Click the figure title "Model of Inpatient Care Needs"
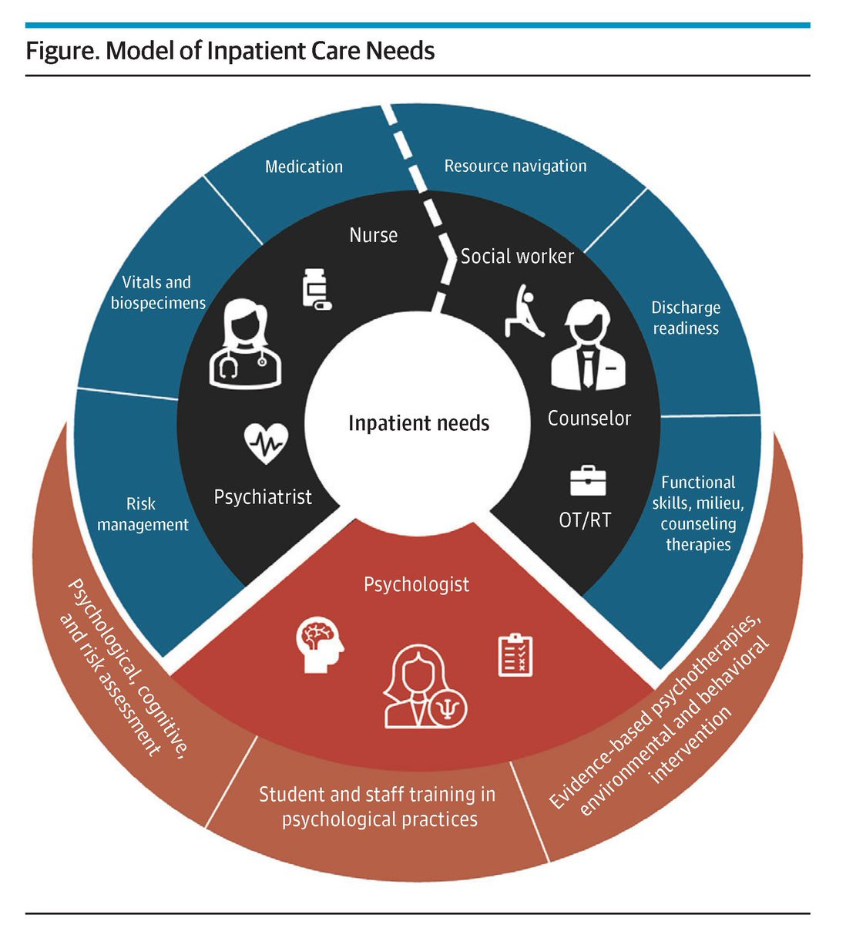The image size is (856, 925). pyautogui.click(x=230, y=51)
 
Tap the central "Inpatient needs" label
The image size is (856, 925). pyautogui.click(x=418, y=423)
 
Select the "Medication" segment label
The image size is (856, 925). pyautogui.click(x=304, y=166)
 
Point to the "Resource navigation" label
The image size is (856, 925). pyautogui.click(x=515, y=166)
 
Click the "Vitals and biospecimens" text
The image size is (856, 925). pyautogui.click(x=158, y=293)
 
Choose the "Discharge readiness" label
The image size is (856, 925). pyautogui.click(x=685, y=318)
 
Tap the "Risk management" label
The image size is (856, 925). pyautogui.click(x=143, y=514)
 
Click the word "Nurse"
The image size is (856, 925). pyautogui.click(x=373, y=235)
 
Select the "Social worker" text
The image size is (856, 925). pyautogui.click(x=517, y=257)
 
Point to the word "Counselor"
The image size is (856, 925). pyautogui.click(x=589, y=419)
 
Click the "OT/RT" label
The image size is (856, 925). pyautogui.click(x=585, y=520)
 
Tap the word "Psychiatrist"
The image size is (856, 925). pyautogui.click(x=263, y=497)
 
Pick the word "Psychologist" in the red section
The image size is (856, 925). pyautogui.click(x=416, y=584)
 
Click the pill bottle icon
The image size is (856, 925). pyautogui.click(x=315, y=290)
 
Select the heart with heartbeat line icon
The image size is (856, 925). pyautogui.click(x=266, y=443)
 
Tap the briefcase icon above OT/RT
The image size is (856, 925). pyautogui.click(x=587, y=480)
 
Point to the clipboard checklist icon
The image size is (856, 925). pyautogui.click(x=515, y=654)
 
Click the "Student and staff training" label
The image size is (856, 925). pyautogui.click(x=378, y=806)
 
